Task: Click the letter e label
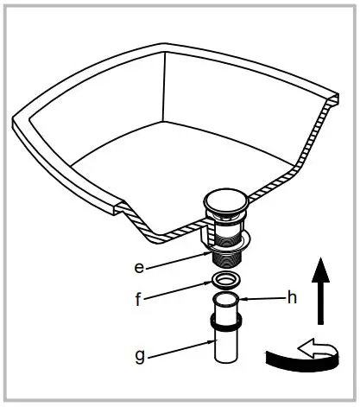pos(139,267)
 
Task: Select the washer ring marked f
pos(226,280)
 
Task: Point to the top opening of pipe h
pos(226,298)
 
